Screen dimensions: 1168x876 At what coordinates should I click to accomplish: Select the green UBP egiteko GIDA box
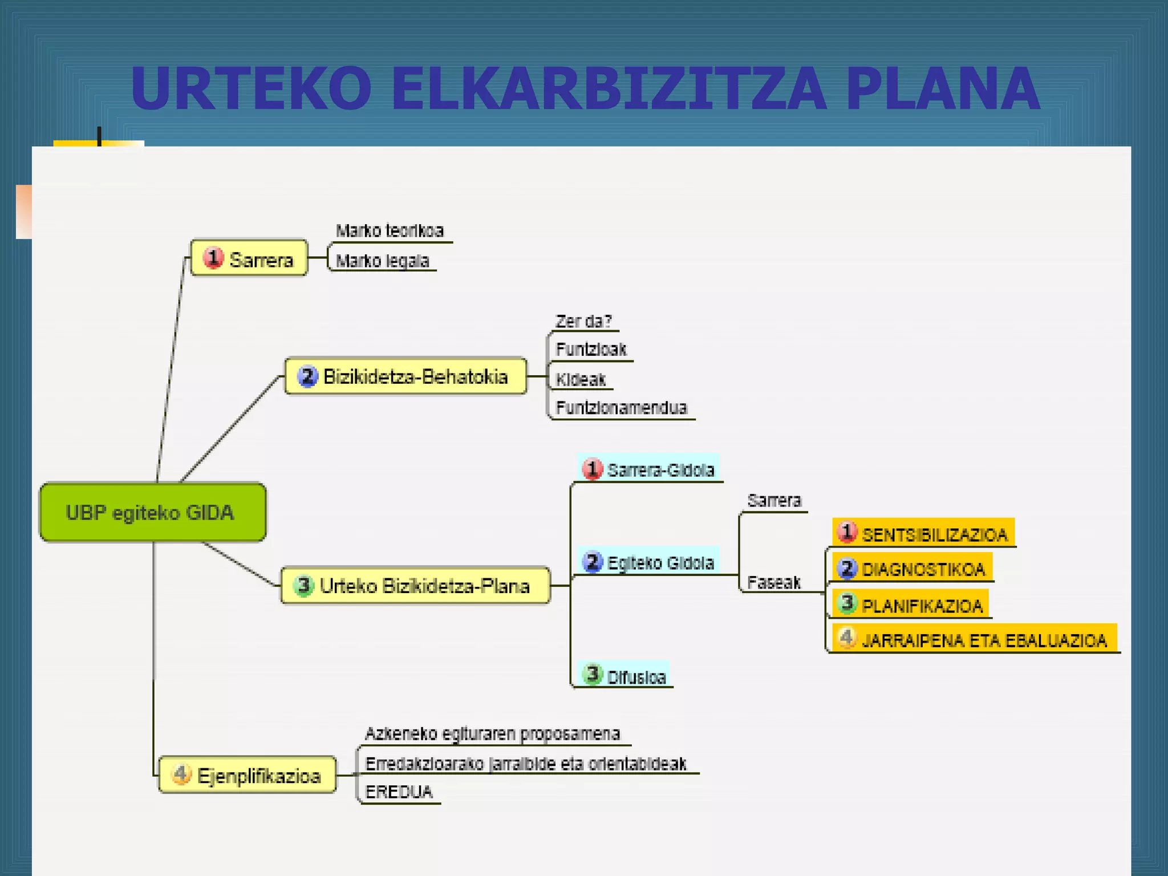coord(152,512)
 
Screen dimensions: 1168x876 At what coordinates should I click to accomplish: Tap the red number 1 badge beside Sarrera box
coord(213,258)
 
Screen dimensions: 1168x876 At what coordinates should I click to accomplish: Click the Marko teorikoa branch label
coord(390,230)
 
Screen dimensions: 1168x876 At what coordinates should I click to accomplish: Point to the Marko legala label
coord(382,261)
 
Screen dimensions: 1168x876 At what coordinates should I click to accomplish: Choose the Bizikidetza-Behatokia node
coord(405,376)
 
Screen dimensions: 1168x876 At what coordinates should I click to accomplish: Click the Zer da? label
coord(583,321)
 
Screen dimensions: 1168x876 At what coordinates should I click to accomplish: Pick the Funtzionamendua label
coord(621,407)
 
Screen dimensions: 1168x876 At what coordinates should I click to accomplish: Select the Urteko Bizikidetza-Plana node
coord(415,586)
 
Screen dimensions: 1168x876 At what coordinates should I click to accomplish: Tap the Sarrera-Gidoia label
coord(660,470)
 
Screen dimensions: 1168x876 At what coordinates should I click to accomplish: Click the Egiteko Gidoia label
coord(660,563)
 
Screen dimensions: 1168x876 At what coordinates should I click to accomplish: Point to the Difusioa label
coord(636,677)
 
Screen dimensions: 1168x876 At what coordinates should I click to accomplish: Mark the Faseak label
coord(773,582)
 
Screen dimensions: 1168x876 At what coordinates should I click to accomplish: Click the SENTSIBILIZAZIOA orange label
coord(934,534)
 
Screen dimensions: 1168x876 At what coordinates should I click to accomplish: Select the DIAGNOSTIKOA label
coord(923,569)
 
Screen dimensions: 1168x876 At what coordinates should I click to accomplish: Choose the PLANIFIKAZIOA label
coord(922,606)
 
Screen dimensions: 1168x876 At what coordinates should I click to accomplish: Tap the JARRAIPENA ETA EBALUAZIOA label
coord(984,640)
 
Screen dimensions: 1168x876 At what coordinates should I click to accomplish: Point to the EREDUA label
coord(399,792)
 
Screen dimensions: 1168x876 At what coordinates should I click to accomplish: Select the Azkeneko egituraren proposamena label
coord(492,733)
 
